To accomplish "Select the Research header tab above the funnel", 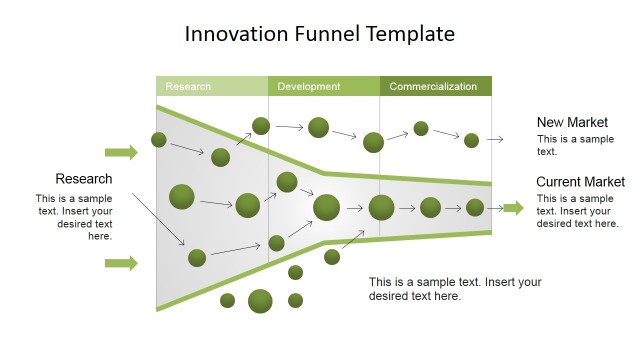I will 211,87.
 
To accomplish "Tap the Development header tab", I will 323,87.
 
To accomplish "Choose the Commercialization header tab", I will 434,87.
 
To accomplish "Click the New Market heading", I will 573,122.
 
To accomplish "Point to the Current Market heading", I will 580,182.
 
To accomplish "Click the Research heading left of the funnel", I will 84,179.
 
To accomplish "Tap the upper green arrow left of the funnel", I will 121,153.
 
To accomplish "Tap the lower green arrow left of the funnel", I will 121,263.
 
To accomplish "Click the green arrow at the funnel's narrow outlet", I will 512,208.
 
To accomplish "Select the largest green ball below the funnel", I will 260,301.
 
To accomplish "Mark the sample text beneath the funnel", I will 455,289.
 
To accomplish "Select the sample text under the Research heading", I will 74,217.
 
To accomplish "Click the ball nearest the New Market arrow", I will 471,140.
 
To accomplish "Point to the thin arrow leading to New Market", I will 495,140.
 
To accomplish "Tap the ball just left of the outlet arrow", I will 475,208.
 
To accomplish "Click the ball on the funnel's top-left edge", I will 159,139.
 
